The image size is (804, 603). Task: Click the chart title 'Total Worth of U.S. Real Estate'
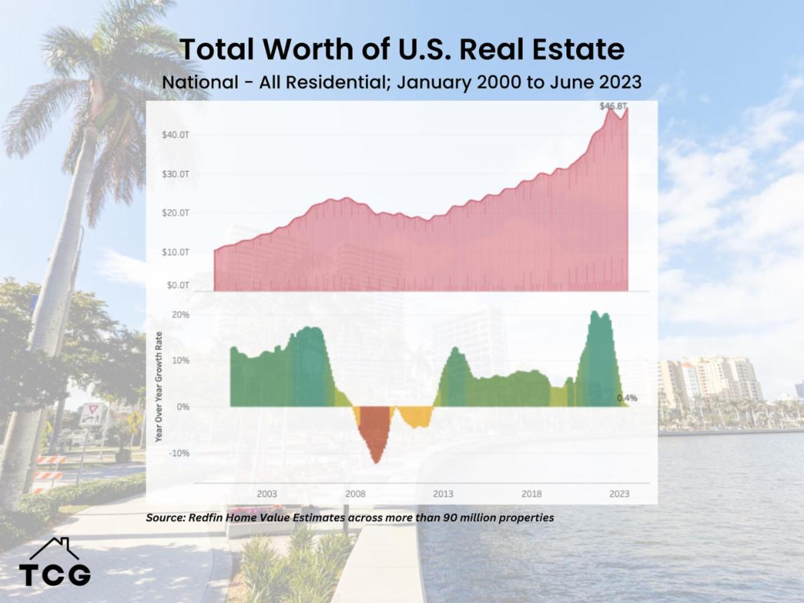402,50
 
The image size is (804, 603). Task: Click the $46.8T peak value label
614,106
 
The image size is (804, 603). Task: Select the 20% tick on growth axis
181,314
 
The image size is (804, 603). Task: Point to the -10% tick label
179,453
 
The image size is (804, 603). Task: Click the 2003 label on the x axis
267,494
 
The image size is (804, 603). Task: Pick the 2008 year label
355,494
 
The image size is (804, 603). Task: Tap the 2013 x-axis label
443,494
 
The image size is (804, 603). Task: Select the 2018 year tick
531,494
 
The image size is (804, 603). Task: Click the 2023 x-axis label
619,494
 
